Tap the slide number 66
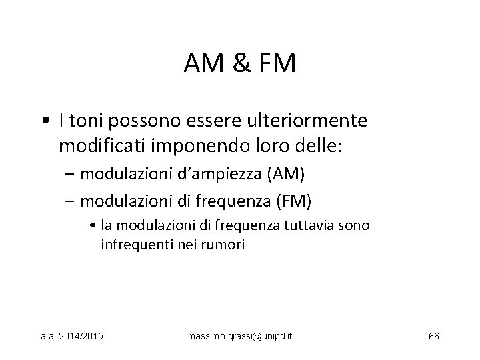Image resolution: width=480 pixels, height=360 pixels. click(x=433, y=334)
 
